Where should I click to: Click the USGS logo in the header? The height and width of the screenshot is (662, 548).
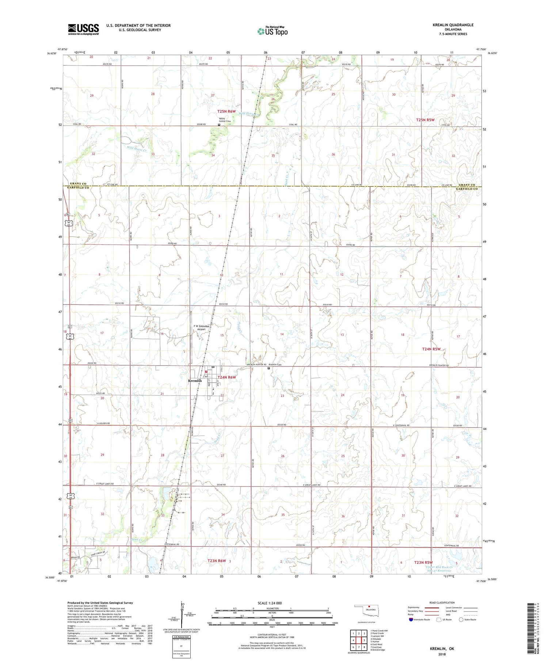[83, 29]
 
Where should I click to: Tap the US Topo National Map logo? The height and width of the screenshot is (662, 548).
[273, 31]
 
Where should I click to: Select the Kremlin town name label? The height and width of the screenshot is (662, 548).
[195, 380]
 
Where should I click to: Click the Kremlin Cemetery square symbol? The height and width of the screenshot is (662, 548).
[269, 368]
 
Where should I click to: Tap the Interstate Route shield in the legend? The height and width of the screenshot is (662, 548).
[411, 620]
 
